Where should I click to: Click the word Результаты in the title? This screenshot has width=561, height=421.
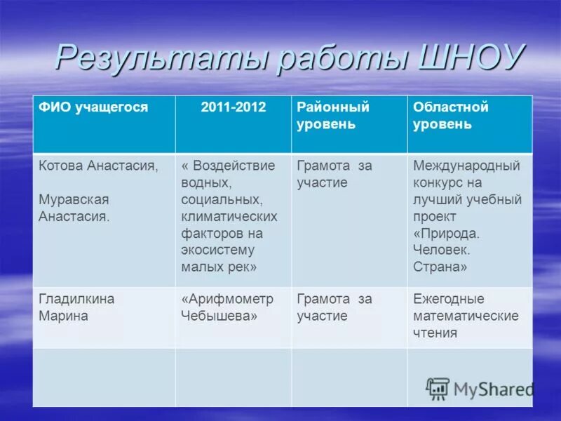[158, 58]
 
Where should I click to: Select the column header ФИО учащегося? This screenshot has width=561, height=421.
[93, 107]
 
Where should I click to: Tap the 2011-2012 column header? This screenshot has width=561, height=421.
[233, 107]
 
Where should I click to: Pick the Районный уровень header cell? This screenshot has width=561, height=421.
[333, 116]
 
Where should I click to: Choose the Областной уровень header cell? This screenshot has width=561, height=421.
[451, 116]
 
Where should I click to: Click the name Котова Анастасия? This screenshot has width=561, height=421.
[98, 166]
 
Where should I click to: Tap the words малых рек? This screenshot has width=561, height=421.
[219, 267]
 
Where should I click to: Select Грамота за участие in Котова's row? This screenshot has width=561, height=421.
[334, 174]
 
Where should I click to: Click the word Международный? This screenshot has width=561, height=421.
[466, 166]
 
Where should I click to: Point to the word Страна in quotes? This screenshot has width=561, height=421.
[440, 267]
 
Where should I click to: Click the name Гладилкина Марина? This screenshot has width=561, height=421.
[76, 307]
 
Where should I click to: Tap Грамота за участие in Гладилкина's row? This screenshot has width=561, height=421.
[334, 307]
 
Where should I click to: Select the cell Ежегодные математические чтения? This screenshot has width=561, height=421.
[466, 316]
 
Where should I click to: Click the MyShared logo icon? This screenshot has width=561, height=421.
[438, 387]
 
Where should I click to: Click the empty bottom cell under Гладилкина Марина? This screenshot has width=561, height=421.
[104, 377]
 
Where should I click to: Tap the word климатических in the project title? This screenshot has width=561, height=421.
[229, 216]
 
